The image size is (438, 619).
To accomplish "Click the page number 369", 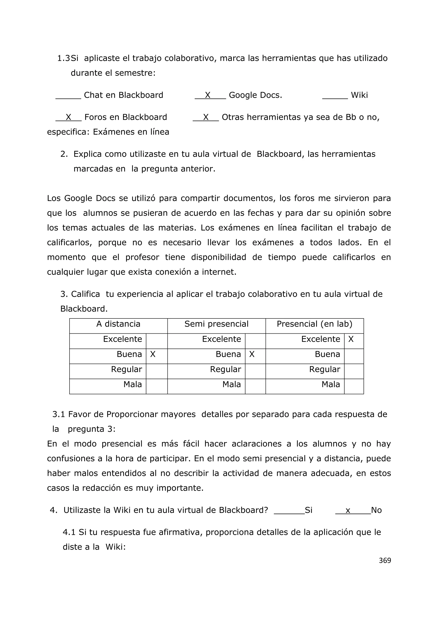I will point(385,560).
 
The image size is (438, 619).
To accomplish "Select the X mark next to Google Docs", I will point(207,95).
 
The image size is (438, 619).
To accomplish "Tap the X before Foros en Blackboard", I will point(68,117).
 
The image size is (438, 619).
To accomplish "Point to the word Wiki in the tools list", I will point(359,95).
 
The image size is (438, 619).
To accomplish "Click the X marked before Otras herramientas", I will point(206,117).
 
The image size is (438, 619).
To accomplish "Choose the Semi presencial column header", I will point(216,324).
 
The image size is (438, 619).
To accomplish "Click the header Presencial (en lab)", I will point(314,324).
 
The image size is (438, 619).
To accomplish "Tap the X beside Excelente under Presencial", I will point(351,339).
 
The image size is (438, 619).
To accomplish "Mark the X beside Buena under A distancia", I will point(153,354).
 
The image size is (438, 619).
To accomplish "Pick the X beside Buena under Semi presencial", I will point(252,354).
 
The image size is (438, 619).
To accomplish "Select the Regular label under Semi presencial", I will point(225,369).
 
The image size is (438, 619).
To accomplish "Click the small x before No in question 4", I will point(348,510).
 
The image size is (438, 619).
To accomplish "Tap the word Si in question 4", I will point(309,510).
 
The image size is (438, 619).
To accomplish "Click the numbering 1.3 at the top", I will point(64,58).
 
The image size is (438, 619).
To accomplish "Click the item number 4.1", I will point(69,532).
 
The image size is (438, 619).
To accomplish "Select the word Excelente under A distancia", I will point(123,339).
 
